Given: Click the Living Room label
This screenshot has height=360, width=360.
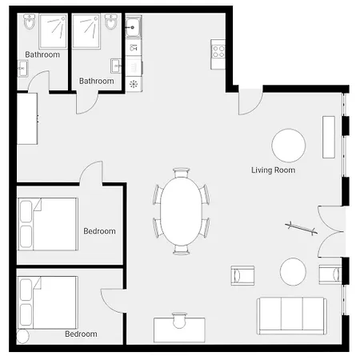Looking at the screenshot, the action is click(274, 170).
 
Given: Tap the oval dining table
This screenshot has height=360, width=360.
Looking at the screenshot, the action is click(182, 211).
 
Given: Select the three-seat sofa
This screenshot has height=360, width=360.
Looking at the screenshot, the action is click(292, 316).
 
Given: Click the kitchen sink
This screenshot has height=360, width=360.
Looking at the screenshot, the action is click(134, 27).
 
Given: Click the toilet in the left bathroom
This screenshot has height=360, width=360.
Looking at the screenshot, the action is click(29, 22).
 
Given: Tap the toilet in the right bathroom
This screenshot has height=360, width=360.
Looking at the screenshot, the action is click(110, 22).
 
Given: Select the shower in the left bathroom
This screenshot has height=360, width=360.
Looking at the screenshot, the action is click(53, 31).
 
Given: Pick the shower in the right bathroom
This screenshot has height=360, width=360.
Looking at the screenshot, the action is click(86, 31).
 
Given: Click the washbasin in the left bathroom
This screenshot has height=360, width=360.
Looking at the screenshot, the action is click(22, 69).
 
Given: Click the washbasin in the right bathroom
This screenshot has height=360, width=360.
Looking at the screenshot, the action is click(116, 66).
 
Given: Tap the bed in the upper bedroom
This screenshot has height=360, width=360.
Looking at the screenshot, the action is click(48, 224).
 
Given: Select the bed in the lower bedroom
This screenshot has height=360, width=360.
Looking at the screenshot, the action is click(48, 302).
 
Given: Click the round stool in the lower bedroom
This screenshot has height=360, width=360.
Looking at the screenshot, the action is click(22, 337).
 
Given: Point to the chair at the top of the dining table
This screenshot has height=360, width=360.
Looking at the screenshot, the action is click(182, 173).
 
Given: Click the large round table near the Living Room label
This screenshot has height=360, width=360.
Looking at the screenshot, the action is click(289, 146).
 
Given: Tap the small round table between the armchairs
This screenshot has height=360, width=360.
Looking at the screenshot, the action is click(293, 272).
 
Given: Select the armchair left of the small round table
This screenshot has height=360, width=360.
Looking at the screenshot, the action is click(242, 275).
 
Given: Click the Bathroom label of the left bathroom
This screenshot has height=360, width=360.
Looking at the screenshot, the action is click(42, 54).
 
